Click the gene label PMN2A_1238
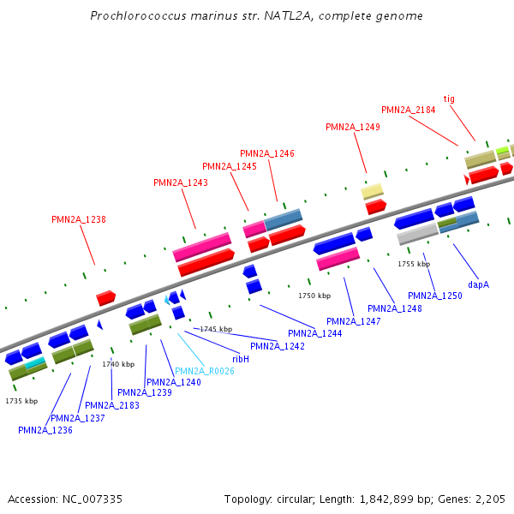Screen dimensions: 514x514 coord(79,219)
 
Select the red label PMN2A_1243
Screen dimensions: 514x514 coord(181,182)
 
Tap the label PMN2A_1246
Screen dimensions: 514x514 coord(267,153)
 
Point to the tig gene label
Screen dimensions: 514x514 coord(449,99)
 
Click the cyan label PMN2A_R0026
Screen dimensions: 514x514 coord(205,371)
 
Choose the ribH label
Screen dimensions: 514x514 coord(241,359)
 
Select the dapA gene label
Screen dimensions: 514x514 coord(478,284)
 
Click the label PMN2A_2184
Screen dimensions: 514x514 coord(409,110)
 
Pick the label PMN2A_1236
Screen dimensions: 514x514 coord(45,430)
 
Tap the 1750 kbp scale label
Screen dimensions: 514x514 coord(314,296)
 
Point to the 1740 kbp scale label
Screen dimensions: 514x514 coord(118,364)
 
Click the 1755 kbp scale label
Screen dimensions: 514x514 coord(414,264)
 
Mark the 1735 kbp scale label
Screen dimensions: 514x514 coord(21,401)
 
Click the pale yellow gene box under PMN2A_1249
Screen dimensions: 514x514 coord(372,191)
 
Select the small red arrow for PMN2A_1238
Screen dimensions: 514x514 coord(106,297)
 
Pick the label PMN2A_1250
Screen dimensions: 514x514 coord(435,296)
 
